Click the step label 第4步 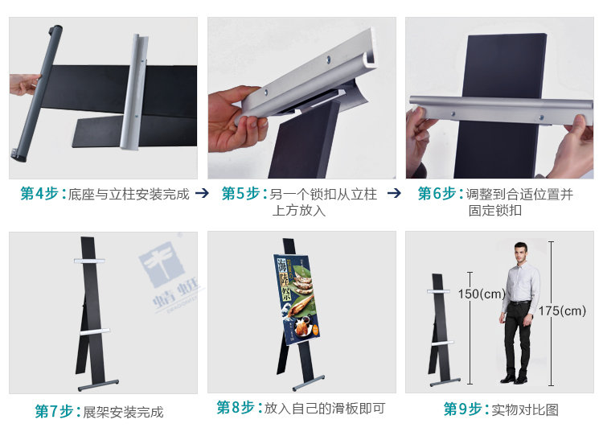(43, 194)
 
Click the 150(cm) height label (482, 294)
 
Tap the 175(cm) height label (563, 310)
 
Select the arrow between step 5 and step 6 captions (394, 194)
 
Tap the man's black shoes (515, 376)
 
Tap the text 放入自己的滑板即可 (324, 409)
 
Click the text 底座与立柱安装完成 (129, 195)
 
